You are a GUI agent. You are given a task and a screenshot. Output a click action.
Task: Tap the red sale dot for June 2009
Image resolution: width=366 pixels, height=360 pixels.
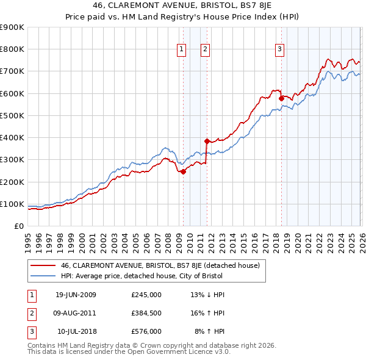tap(183, 171)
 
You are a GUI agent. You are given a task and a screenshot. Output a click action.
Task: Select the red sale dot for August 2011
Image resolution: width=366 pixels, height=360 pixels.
tap(207, 141)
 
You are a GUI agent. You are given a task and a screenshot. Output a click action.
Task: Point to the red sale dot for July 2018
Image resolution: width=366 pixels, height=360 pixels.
tap(281, 98)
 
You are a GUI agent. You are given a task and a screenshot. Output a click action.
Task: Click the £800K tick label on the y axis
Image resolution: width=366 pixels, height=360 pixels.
tap(12, 49)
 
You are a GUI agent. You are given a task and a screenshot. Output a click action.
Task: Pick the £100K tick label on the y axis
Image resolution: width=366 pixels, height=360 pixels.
tap(12, 204)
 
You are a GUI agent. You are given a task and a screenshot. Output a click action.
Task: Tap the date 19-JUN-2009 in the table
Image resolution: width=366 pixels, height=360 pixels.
tap(76, 295)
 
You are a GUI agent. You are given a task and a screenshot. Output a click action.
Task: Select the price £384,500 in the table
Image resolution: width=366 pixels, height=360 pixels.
tap(146, 313)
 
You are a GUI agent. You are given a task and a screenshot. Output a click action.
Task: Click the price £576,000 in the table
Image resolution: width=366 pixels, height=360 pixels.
tap(146, 331)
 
